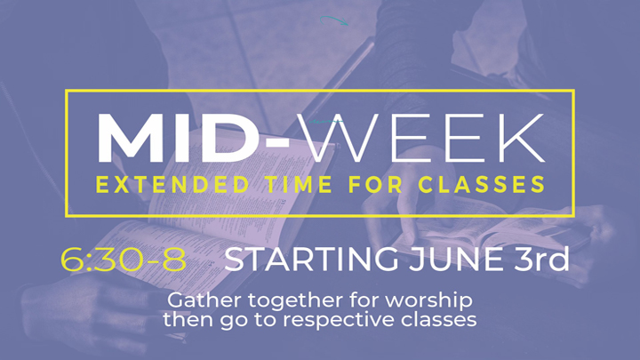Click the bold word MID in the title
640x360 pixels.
(178, 138)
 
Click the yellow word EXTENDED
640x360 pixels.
(172, 185)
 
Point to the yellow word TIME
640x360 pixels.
(300, 185)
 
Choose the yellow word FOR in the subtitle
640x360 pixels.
(375, 185)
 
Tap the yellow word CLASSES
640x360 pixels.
(482, 185)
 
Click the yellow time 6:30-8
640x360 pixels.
(124, 260)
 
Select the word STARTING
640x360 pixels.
(311, 259)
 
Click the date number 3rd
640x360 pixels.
(541, 259)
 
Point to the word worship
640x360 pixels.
(428, 300)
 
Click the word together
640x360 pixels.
(296, 300)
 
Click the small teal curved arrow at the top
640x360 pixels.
(334, 20)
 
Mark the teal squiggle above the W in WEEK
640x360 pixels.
(325, 122)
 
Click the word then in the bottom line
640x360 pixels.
(188, 319)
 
